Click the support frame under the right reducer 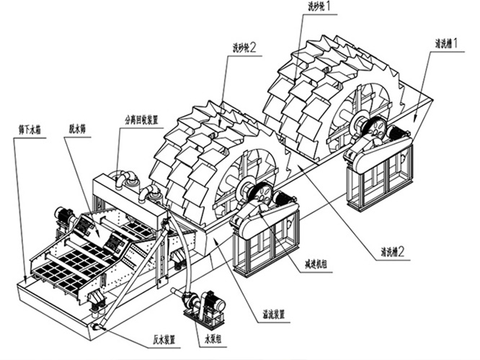coord(379,180)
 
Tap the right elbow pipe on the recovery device coord(154,193)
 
